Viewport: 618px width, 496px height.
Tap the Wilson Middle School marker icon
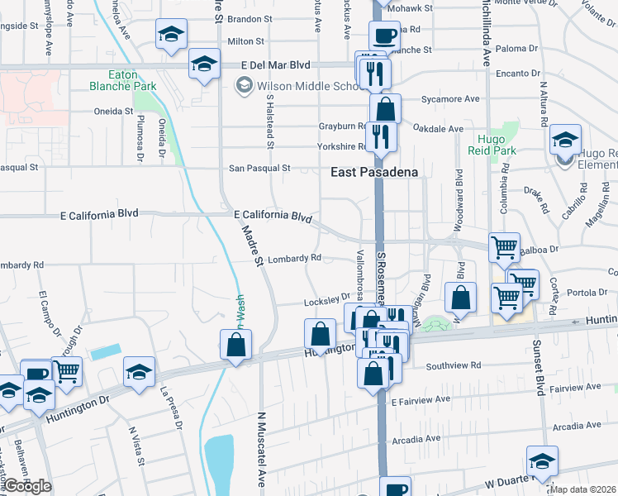[244, 83]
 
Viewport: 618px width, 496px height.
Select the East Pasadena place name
[375, 172]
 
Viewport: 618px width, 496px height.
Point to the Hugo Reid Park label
[496, 145]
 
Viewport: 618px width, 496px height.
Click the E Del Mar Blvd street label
[275, 64]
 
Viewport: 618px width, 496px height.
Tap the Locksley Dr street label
[327, 300]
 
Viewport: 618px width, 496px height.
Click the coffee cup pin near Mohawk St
[385, 37]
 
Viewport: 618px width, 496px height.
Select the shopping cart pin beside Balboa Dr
[504, 247]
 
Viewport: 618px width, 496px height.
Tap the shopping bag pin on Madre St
[235, 344]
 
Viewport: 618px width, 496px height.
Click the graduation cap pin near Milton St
[171, 35]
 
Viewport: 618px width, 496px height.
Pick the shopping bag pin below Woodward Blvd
[461, 298]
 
